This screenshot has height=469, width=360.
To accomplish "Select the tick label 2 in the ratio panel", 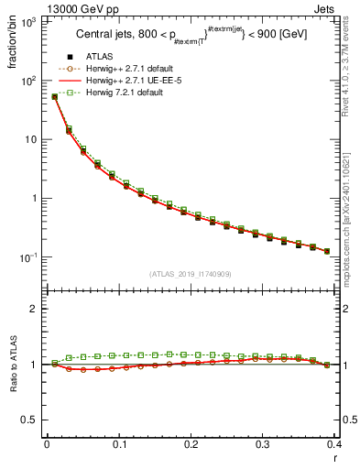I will (37, 310).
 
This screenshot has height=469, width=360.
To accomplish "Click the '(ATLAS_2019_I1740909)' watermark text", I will (190, 274).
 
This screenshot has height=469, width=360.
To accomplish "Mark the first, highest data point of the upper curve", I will (54, 96).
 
